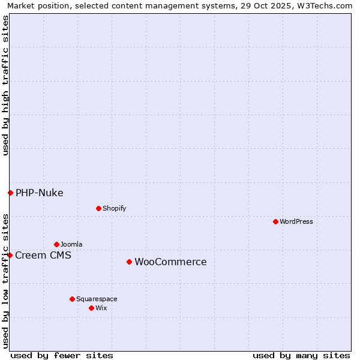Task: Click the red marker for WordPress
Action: [275, 221]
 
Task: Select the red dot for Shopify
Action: [98, 208]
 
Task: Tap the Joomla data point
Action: [56, 244]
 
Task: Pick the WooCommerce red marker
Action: [129, 262]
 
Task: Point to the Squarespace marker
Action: [72, 299]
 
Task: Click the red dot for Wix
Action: [91, 308]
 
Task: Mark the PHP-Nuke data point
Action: [10, 193]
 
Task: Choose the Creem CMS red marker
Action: [10, 255]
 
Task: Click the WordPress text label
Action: [296, 221]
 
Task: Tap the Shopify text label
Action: [115, 208]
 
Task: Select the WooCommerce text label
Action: [170, 262]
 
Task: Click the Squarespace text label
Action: [97, 299]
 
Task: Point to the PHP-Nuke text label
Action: [40, 193]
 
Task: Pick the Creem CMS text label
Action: [43, 255]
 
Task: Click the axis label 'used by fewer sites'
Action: [62, 355]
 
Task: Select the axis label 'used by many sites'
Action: [301, 355]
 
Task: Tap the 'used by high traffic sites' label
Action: [5, 85]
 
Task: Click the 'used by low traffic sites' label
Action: [5, 280]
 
